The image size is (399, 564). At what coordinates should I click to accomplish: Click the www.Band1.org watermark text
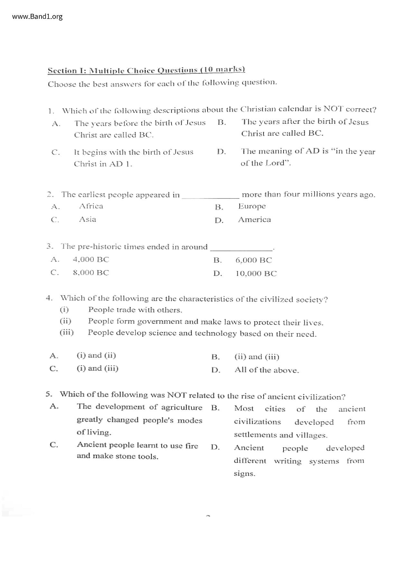pyautogui.click(x=37, y=16)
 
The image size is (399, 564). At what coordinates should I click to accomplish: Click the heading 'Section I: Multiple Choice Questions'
pyautogui.click(x=146, y=70)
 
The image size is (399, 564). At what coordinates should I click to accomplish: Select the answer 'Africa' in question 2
pyautogui.click(x=91, y=206)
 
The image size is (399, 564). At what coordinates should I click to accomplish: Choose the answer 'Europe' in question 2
pyautogui.click(x=252, y=206)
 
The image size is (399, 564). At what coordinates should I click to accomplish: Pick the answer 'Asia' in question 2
pyautogui.click(x=88, y=219)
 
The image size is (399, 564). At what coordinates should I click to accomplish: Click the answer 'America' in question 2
pyautogui.click(x=255, y=220)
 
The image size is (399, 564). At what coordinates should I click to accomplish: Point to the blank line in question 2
pyautogui.click(x=210, y=197)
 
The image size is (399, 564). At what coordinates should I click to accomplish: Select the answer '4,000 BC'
pyautogui.click(x=91, y=259)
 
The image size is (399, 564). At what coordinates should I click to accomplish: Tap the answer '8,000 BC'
pyautogui.click(x=91, y=273)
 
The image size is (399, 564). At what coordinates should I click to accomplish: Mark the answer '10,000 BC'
pyautogui.click(x=256, y=274)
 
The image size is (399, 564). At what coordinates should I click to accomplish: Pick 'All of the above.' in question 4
pyautogui.click(x=267, y=370)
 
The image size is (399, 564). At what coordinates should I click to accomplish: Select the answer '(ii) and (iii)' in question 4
pyautogui.click(x=257, y=357)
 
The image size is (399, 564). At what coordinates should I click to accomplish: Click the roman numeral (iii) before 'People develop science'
pyautogui.click(x=67, y=332)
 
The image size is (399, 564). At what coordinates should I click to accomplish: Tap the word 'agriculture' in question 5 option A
pyautogui.click(x=182, y=407)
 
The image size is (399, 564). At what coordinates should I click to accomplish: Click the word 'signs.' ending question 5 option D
pyautogui.click(x=245, y=474)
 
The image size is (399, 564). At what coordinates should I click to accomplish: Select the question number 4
pyautogui.click(x=49, y=298)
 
